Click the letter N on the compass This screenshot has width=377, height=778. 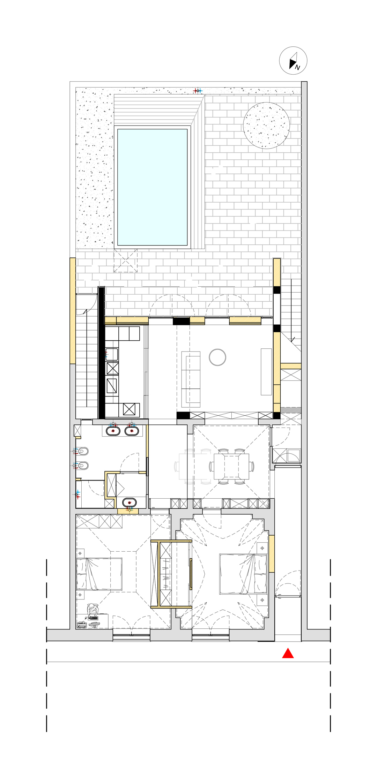pos(297,68)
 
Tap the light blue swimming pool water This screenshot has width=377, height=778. pos(152,187)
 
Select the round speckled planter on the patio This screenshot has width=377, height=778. pos(266,126)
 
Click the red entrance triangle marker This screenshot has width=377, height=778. pos(288,653)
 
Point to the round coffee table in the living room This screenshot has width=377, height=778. pos(217,357)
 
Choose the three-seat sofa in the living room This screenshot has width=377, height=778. pos(191,379)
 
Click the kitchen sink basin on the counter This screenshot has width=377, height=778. pos(112,355)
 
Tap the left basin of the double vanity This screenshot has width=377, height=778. pos(113,431)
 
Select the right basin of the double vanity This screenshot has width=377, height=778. pos(132,431)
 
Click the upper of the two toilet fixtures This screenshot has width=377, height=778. pos(82,451)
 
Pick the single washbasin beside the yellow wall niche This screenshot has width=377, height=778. pos(129,503)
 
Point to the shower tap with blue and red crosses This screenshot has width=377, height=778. pos(77,494)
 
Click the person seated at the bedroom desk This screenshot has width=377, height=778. pos(93,611)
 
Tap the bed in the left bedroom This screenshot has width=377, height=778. pos(99,574)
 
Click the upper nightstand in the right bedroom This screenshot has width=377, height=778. pos(262,548)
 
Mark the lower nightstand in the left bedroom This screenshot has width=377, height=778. pos(80,595)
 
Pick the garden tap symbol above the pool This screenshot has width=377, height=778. pos(198,91)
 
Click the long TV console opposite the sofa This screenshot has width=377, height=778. pos(266,372)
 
